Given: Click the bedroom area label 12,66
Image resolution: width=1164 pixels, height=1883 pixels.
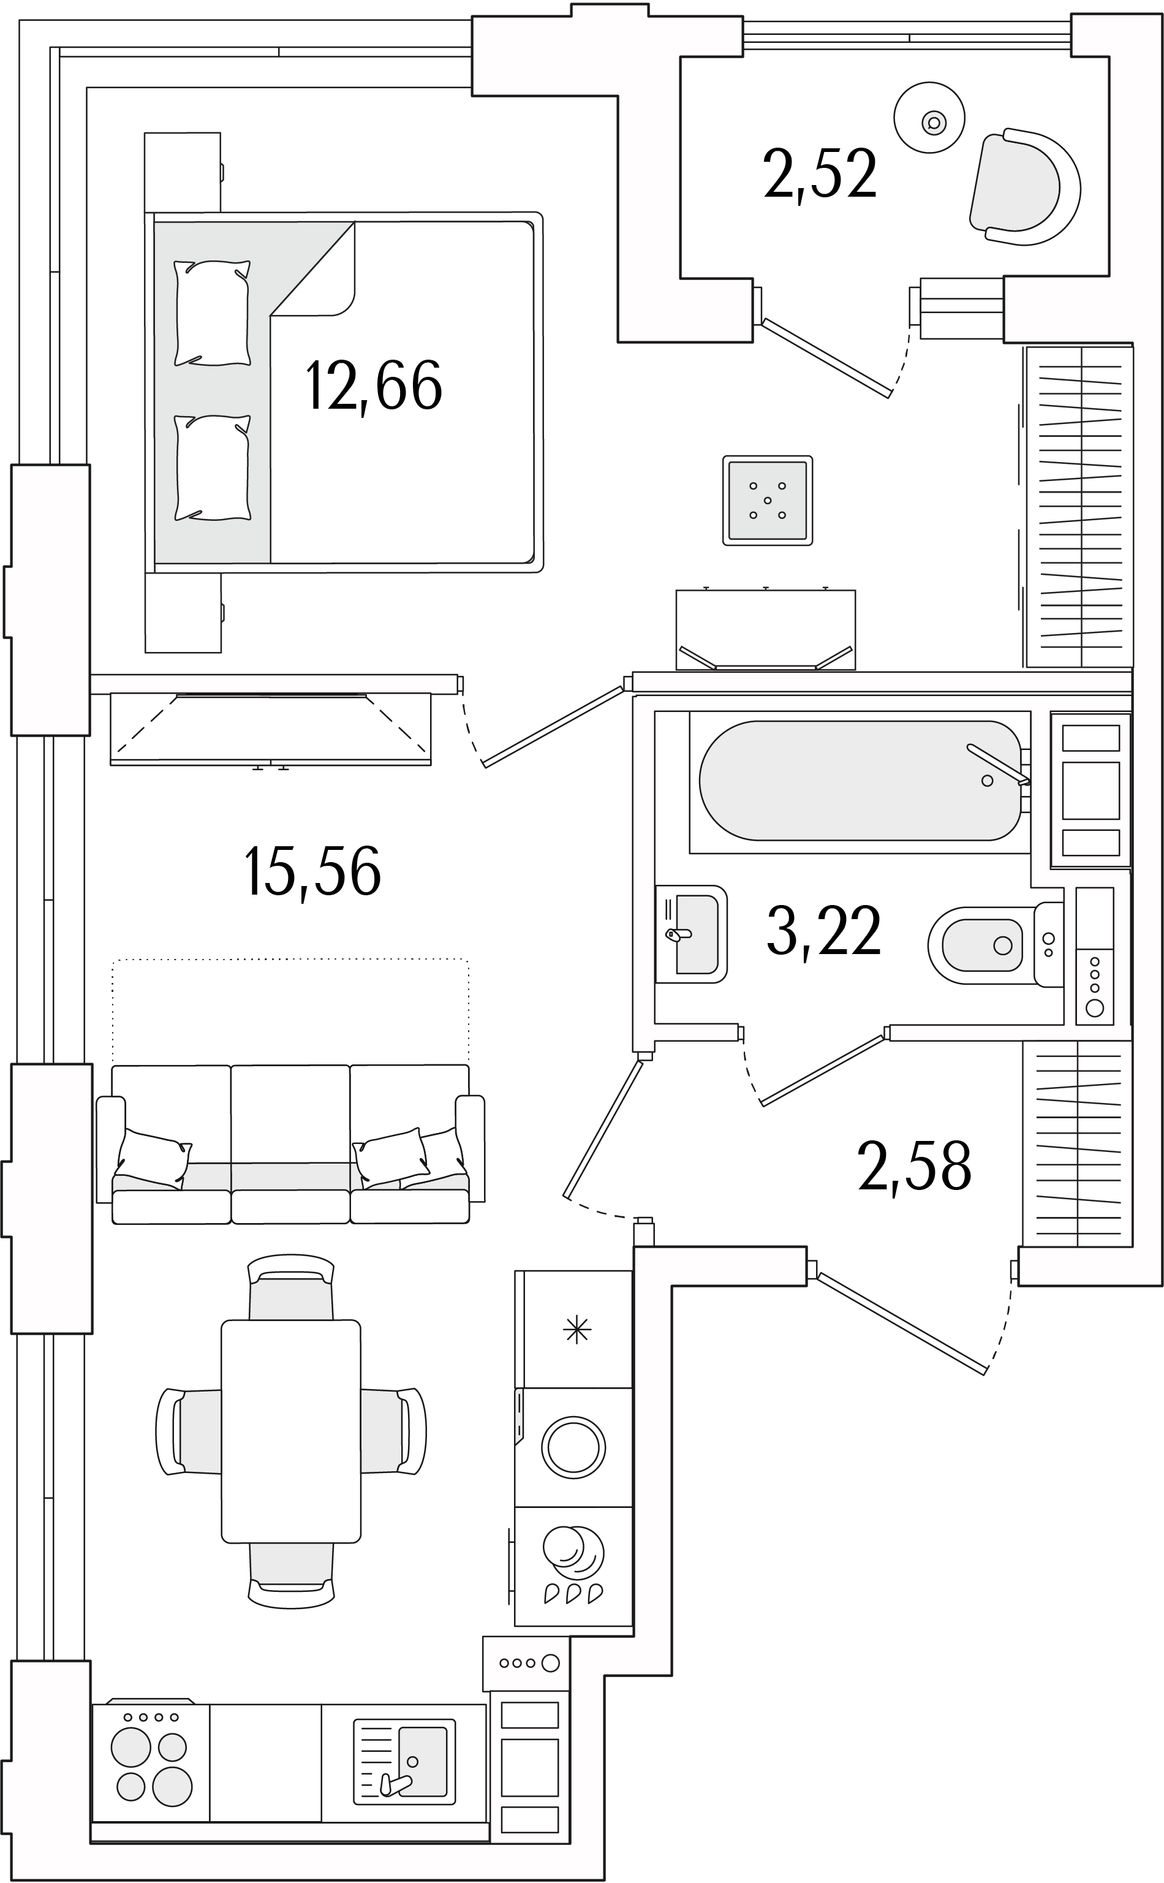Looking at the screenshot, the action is coord(374,387).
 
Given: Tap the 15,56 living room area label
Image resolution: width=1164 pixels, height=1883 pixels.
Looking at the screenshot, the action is coord(312,871).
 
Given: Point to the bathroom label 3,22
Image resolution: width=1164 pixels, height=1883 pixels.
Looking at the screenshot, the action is coord(824,931).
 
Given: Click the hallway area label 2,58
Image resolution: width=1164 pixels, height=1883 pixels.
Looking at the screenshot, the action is coord(915,1167).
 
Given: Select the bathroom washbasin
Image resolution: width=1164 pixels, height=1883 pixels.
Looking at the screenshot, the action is coord(690,934).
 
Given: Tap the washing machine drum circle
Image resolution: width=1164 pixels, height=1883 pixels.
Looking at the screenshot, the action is coord(573,1447).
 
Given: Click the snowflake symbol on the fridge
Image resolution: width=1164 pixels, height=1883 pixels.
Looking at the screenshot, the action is coord(576,1330).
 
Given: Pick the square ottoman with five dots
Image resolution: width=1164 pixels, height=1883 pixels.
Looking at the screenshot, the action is coord(768,501).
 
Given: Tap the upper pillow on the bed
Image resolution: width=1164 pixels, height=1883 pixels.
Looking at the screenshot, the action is coord(213,313).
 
